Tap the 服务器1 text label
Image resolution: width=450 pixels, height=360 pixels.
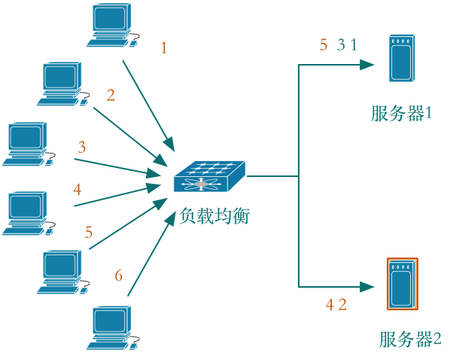[400, 114]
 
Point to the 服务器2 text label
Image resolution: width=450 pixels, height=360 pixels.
[410, 339]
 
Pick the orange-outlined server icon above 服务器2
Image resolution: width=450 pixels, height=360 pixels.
[403, 284]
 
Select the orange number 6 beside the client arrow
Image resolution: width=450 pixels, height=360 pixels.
[118, 275]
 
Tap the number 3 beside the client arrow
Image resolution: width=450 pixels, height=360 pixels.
[82, 147]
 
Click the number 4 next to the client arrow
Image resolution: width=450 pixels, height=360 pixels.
[77, 189]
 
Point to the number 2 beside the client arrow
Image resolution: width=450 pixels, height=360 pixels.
[111, 95]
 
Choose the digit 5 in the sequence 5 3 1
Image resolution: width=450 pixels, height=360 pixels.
[324, 45]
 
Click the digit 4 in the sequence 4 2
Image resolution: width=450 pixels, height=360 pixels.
[330, 304]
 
